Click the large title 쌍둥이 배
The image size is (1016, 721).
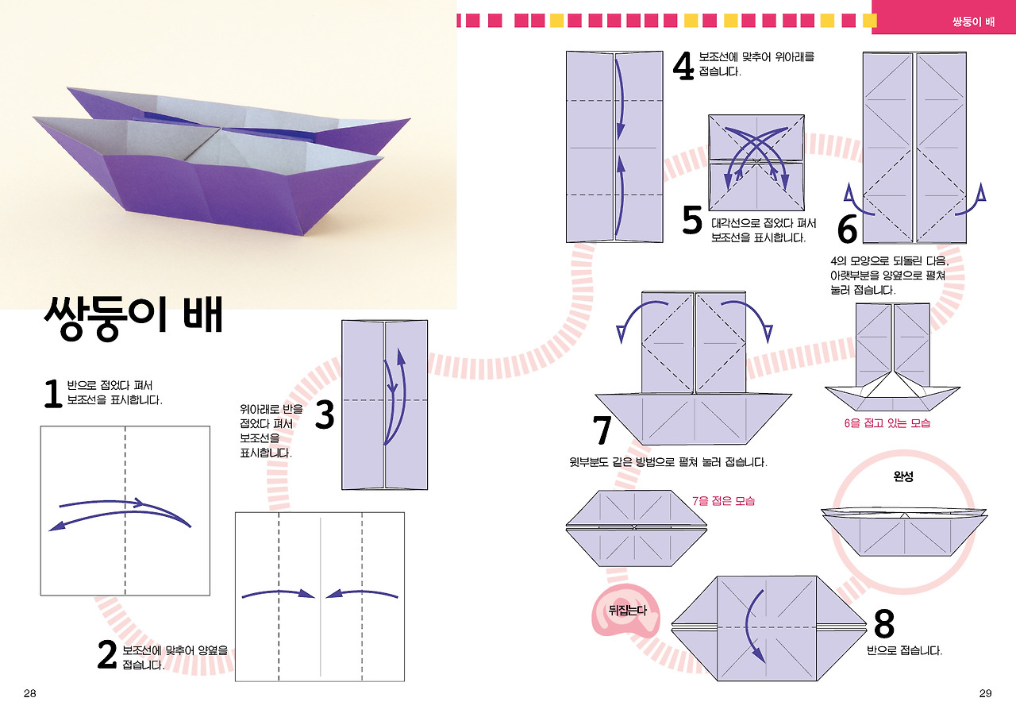pos(133,316)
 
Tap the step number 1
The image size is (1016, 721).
pos(52,394)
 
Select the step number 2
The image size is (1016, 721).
pos(107,656)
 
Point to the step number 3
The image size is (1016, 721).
pos(324,416)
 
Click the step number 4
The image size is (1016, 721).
pos(683,66)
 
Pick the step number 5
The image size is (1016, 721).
pos(692,222)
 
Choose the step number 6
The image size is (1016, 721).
pos(848,229)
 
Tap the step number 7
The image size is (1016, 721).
pos(602,431)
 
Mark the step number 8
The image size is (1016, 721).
pos(883,625)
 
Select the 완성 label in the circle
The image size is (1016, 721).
pos(904,478)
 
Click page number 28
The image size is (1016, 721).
pos(30,693)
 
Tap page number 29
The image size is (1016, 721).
pos(985,693)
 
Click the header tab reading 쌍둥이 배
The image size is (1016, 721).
pos(973,21)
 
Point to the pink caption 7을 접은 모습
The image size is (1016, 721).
pos(723,501)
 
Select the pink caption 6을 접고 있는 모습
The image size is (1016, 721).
pos(887,423)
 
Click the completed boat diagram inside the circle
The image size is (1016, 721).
pos(904,532)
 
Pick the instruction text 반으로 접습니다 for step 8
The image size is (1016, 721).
pos(905,650)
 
